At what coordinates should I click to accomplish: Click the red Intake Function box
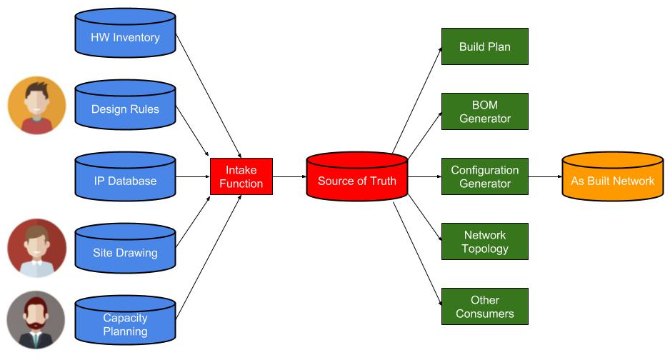(241, 176)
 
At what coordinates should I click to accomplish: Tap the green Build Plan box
(484, 46)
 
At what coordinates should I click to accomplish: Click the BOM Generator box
(484, 111)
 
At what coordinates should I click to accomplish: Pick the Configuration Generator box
(484, 176)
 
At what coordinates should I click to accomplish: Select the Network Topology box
(484, 241)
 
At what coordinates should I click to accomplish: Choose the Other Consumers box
(484, 306)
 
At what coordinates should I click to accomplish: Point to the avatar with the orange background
(36, 105)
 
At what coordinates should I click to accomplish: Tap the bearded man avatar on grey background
(36, 320)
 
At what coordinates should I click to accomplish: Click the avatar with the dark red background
(36, 249)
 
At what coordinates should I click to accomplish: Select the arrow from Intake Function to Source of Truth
(289, 176)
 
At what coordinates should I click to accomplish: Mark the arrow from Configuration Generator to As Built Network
(544, 176)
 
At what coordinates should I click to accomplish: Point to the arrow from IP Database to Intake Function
(192, 176)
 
